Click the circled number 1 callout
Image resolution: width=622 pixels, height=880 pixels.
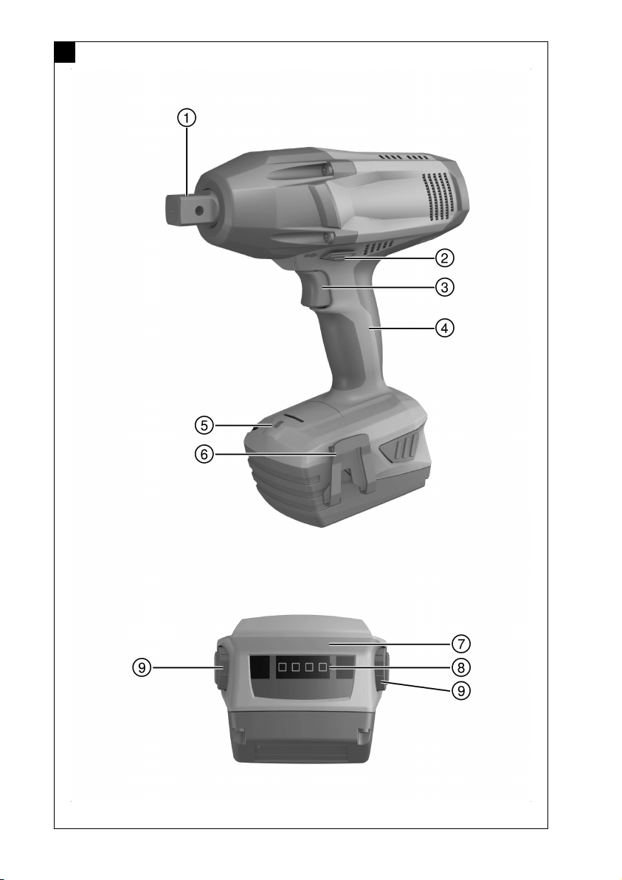187,118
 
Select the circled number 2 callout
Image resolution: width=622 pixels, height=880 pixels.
445,258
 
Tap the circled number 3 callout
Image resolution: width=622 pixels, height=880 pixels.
445,287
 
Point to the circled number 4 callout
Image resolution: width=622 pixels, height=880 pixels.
445,328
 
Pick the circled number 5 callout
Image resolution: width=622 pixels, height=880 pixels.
204,425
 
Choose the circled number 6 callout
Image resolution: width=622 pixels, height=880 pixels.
204,453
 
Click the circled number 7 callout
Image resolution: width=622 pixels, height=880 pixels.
461,644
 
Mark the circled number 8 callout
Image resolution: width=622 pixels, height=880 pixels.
461,667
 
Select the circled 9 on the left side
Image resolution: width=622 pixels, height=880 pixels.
142,668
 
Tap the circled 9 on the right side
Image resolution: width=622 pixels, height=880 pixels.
461,690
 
